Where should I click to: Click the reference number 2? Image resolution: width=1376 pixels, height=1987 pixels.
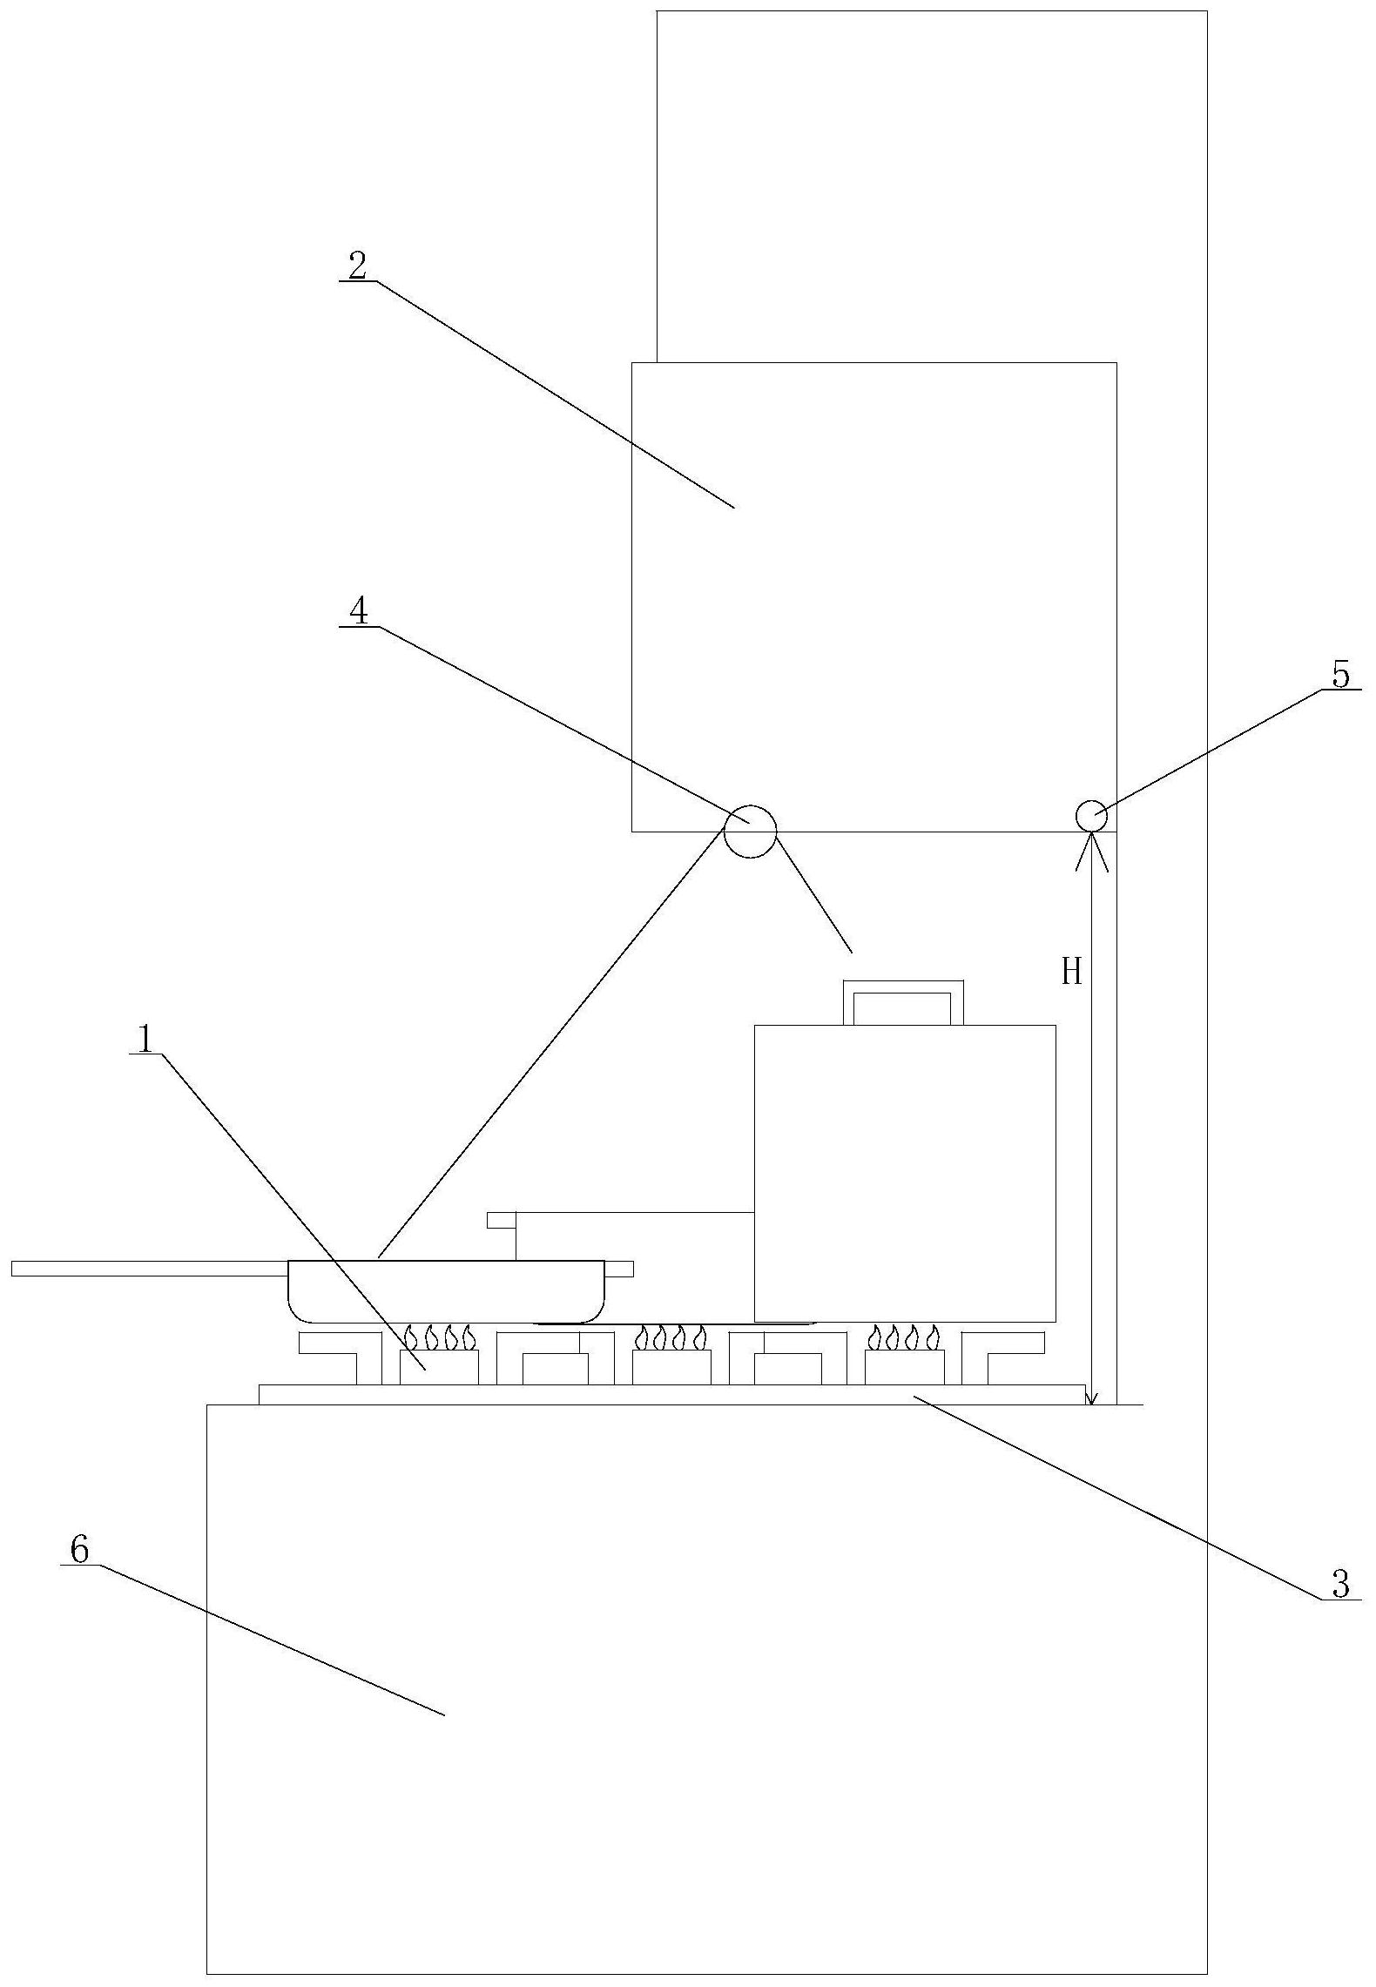358,266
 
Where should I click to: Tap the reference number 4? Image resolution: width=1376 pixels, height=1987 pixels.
358,611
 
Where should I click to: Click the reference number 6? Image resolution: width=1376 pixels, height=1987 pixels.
79,1549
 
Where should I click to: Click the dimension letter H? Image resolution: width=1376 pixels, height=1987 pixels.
1070,971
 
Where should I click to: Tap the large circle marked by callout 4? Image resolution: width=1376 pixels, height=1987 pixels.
750,831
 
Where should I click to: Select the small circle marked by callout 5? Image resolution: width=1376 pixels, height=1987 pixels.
1091,817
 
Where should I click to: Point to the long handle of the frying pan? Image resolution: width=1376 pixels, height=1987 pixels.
148,1268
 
